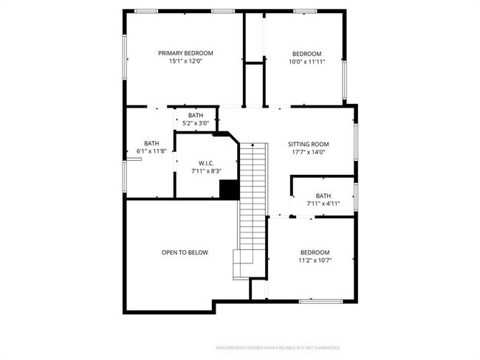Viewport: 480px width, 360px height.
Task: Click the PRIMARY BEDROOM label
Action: (x=186, y=53)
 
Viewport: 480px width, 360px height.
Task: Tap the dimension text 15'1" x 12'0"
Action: (x=186, y=62)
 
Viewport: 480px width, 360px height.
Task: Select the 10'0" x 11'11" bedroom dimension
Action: (x=306, y=62)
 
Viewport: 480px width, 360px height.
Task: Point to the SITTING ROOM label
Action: (x=308, y=144)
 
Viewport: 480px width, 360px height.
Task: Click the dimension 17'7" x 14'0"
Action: (x=308, y=153)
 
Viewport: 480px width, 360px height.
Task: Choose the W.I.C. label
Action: (x=206, y=163)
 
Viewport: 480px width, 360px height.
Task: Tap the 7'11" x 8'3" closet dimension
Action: (x=206, y=171)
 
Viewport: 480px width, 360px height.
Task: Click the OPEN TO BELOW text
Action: (x=185, y=252)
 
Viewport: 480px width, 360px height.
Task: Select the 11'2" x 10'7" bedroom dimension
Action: (x=314, y=260)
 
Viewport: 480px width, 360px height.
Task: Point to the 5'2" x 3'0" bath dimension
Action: (x=196, y=123)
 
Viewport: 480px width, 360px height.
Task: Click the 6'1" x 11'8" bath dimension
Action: (x=151, y=151)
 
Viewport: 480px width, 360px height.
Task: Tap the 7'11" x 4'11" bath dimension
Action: (x=323, y=204)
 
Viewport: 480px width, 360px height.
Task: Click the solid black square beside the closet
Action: (x=229, y=190)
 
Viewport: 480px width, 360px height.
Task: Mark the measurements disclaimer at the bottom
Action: (x=278, y=347)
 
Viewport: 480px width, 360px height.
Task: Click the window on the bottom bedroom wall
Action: (x=320, y=300)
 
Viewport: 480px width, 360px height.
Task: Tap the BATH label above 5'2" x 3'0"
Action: (x=196, y=115)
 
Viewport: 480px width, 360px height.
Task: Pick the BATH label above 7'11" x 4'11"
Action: (x=323, y=195)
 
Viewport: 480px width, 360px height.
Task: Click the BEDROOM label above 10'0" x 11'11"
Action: (x=306, y=54)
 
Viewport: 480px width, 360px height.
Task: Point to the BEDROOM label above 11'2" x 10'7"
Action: (x=314, y=252)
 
